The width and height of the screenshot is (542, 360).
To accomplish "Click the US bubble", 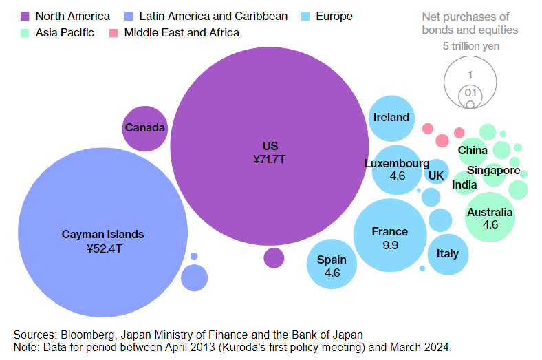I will pos(270,151).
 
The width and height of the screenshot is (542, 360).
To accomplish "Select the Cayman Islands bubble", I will pos(103,234).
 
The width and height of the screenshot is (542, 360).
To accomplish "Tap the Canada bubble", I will pos(145,128).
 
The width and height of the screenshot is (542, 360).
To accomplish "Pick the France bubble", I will pos(390,235).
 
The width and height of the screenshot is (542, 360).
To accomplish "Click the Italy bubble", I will pos(447,253).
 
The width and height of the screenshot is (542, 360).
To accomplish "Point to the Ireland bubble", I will pos(391,118).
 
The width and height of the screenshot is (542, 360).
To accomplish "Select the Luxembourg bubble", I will pos(396,169).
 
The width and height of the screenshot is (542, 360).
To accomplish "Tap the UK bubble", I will pos(436,175).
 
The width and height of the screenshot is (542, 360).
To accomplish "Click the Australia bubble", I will pos(490,218).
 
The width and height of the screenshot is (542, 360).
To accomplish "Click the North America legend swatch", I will pos(25,16).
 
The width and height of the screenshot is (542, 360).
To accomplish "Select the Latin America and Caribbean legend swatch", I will pos(129,16).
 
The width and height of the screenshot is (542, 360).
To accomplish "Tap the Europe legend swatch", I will pos(305,16).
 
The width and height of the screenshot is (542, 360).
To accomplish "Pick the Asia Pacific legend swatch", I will pos(25,32).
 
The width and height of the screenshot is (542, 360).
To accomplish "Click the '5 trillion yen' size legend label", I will pos(471,46).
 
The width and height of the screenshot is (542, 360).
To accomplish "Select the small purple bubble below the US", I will pos(274,258).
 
